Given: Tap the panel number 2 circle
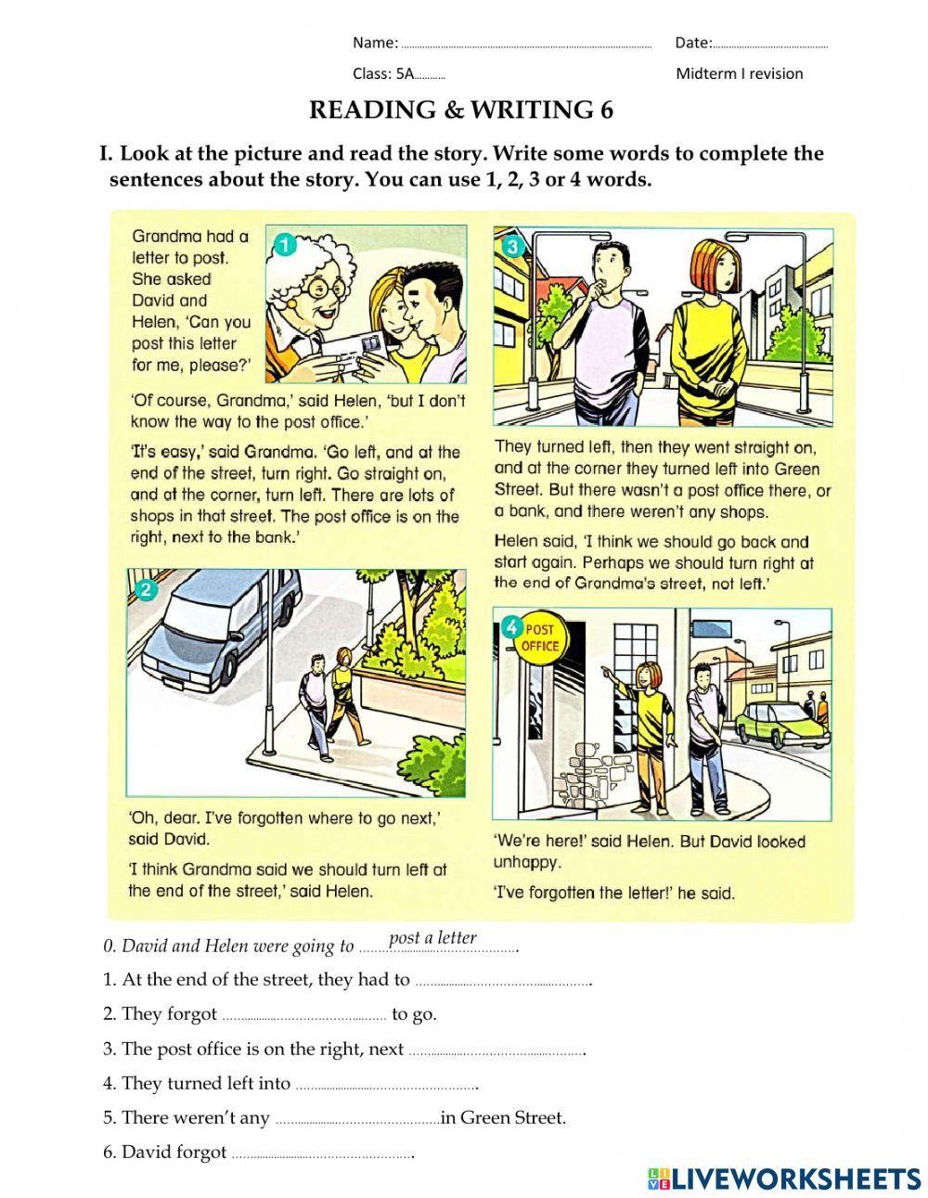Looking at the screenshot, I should pos(143,589).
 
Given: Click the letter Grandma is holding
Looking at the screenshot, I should pos(357,348).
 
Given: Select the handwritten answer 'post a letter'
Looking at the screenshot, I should pos(432,937).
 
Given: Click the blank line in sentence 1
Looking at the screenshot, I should pos(502,982).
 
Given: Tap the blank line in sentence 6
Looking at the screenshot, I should pos(321,1155).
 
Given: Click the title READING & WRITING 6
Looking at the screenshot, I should pos(461,110).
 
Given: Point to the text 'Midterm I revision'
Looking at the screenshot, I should pos(740,74).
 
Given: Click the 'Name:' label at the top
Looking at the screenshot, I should pos(375,43).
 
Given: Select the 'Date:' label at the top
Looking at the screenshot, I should pos(693,43).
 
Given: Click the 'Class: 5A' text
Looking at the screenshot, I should pos(382,74).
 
